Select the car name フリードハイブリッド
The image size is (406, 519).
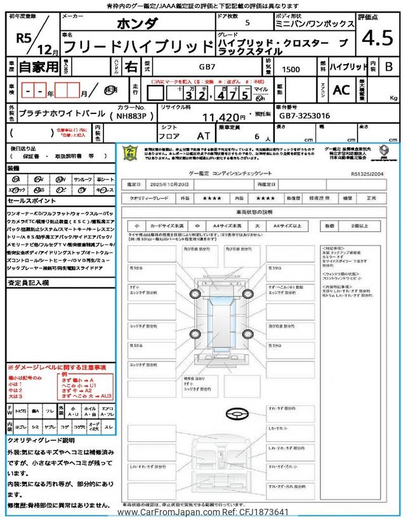139,46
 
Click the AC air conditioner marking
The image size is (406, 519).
341,90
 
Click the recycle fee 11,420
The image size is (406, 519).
223,117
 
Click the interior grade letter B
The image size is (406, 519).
388,67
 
